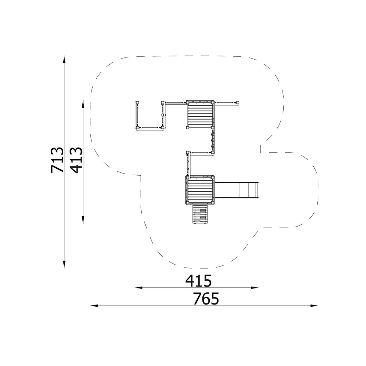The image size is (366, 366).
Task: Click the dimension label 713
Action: [x=57, y=160]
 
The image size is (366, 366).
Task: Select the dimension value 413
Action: [x=76, y=160]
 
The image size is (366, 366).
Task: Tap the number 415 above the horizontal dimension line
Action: [x=198, y=281]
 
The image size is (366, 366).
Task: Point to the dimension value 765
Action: [x=206, y=299]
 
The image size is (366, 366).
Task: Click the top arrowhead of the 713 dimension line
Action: [x=64, y=59]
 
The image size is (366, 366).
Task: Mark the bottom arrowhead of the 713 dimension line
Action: [x=64, y=265]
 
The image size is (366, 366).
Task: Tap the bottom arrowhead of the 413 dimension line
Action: [x=83, y=220]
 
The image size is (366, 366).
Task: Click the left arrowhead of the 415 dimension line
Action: [x=139, y=288]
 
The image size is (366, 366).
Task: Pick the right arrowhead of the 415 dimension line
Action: [x=255, y=288]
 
